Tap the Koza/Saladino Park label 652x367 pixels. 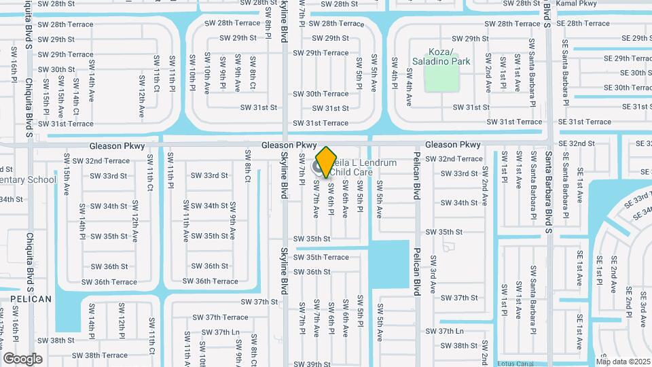440,56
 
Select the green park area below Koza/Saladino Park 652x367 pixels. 439,78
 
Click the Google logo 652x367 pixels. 22,358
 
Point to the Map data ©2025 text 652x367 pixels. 623,362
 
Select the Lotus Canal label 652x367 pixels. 520,363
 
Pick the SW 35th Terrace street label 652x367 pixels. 321,257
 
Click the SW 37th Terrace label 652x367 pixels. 220,317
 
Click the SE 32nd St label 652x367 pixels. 576,144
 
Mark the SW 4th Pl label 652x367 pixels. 394,71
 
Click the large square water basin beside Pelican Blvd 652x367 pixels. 389,263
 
